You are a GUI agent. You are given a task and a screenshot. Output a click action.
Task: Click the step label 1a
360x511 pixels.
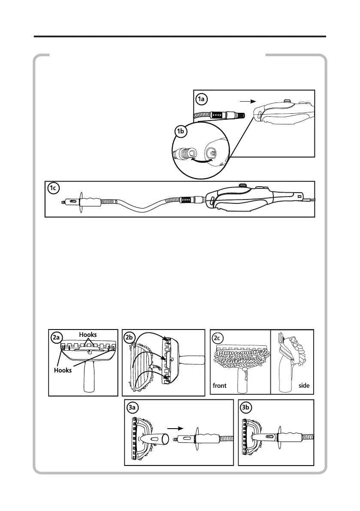pyautogui.click(x=202, y=99)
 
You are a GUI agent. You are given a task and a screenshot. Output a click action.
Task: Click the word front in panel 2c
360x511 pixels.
pyautogui.click(x=220, y=386)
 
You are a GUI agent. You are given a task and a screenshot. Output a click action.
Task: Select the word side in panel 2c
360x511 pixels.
pyautogui.click(x=303, y=386)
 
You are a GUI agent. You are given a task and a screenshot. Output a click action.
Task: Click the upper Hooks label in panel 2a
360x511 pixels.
pyautogui.click(x=88, y=335)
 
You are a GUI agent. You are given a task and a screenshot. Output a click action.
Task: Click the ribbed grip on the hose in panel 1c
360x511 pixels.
pyautogui.click(x=89, y=201)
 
